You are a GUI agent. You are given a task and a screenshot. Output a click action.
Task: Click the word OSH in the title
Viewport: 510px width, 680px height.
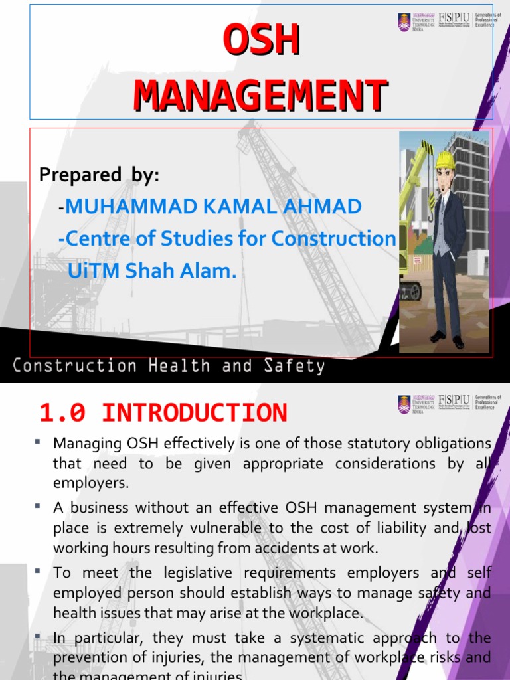(261, 41)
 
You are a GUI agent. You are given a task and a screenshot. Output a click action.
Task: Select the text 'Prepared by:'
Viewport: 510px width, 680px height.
(100, 175)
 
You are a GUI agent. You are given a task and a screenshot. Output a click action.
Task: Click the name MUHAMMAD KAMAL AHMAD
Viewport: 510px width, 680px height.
(213, 207)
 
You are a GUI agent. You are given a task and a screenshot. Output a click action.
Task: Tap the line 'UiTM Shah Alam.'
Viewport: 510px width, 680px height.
(152, 270)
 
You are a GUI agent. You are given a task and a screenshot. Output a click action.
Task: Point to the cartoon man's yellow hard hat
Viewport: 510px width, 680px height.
(444, 160)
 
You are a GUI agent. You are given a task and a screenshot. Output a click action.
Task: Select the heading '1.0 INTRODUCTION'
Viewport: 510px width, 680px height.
(163, 413)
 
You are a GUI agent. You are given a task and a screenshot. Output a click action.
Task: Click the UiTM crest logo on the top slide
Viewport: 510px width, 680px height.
(404, 22)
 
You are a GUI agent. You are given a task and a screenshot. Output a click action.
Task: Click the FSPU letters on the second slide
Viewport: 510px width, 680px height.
(455, 401)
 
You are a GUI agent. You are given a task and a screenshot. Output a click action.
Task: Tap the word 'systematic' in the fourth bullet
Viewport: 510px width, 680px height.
(311, 638)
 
